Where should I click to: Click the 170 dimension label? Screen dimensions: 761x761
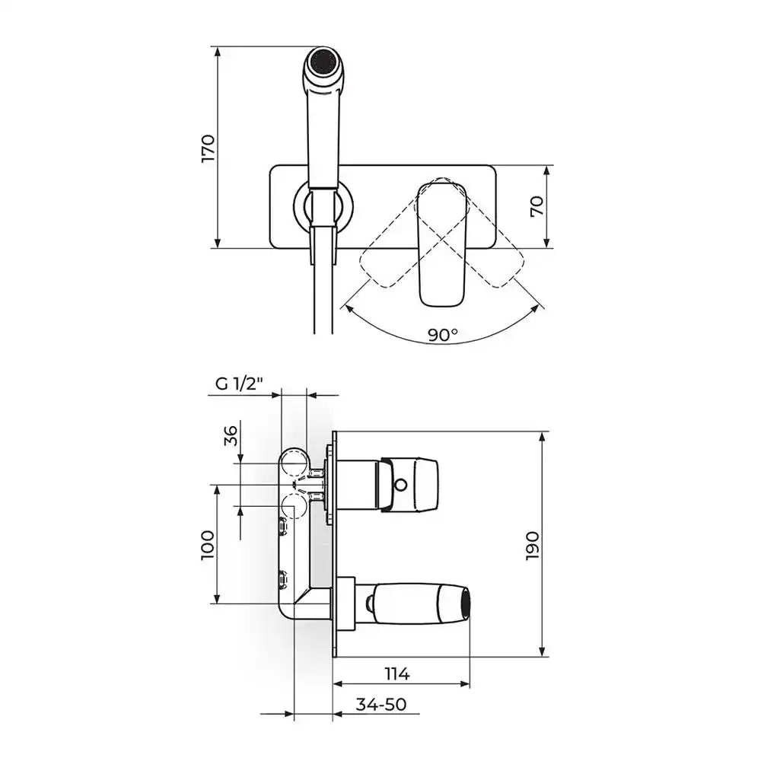click(208, 148)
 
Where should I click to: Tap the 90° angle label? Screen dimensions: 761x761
click(443, 334)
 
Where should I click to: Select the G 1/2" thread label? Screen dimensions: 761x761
click(239, 384)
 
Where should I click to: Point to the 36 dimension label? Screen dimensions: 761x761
click(231, 435)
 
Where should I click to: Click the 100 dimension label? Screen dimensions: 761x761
click(207, 545)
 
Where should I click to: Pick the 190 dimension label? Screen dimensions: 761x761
click(532, 546)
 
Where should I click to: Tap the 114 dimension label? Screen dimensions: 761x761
click(397, 673)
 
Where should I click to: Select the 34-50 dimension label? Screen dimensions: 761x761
click(381, 704)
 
